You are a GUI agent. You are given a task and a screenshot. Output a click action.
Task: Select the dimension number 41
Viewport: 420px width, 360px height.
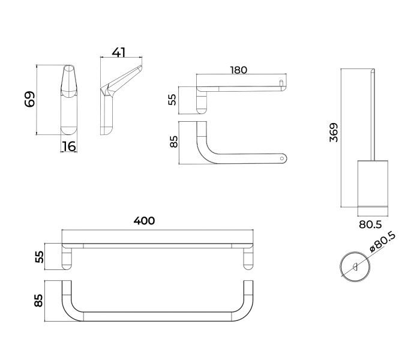tap(119, 52)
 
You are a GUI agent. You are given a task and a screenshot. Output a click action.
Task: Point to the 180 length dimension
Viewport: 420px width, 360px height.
tap(239, 70)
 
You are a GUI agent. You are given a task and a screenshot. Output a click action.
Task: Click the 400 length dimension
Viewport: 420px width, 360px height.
tap(144, 221)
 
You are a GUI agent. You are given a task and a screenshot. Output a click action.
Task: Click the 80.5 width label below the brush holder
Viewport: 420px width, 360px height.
tap(370, 224)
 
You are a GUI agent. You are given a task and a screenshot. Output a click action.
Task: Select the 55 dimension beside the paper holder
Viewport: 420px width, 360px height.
tap(173, 99)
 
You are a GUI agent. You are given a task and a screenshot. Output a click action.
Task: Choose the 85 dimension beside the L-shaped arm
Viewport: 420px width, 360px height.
tap(174, 142)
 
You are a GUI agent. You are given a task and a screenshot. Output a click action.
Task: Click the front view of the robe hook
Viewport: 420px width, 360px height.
tap(69, 99)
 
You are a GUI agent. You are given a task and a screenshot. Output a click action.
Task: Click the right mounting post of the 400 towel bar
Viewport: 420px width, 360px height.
tap(248, 258)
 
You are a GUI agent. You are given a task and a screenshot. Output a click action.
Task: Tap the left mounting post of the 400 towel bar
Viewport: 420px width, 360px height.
tap(67, 258)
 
